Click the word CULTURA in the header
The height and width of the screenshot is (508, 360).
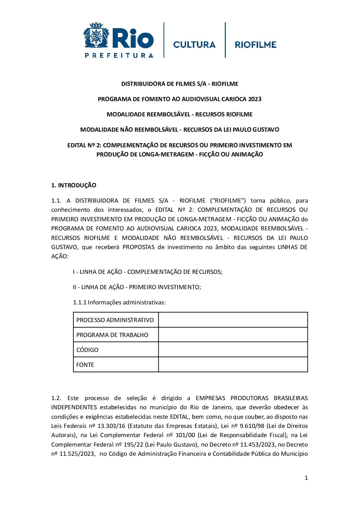click(x=194, y=44)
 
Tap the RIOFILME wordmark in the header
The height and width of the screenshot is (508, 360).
click(x=256, y=44)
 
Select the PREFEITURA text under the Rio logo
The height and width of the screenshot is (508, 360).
click(x=119, y=55)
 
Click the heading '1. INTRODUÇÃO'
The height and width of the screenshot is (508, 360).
click(x=74, y=185)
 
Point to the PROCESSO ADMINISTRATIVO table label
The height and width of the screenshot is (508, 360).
click(x=115, y=320)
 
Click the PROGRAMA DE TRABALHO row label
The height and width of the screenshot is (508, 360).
click(x=112, y=335)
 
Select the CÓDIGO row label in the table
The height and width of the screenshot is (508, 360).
click(x=87, y=350)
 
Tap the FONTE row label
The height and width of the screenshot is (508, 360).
click(x=85, y=365)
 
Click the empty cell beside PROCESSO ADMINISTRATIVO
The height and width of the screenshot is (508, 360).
click(x=233, y=320)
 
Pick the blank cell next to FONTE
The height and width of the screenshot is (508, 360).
click(x=233, y=365)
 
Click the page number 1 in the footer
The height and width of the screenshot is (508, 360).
click(x=306, y=478)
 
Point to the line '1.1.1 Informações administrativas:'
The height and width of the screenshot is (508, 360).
click(x=119, y=302)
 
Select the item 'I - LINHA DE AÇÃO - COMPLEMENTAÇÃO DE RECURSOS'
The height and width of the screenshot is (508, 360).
click(x=147, y=272)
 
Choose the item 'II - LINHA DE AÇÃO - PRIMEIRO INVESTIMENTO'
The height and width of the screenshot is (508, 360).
click(x=137, y=287)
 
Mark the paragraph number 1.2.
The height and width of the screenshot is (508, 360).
click(x=56, y=398)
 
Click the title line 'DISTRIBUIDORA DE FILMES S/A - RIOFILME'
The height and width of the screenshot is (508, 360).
click(x=180, y=84)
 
